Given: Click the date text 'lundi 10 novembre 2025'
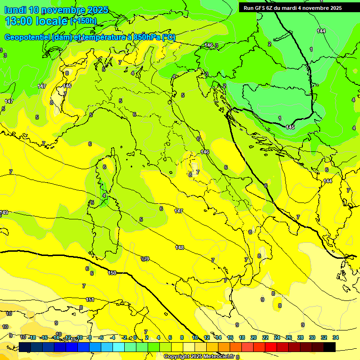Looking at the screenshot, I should [56, 10].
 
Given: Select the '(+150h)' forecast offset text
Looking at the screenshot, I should [83, 21].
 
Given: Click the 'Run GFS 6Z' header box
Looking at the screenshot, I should [290, 8].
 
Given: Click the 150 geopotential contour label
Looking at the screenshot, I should [112, 273].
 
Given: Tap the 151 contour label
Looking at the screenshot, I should [90, 300].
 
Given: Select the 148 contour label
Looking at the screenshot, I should [180, 247].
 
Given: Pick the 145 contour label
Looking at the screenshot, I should [290, 127].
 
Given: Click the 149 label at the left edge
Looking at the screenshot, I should [4, 212].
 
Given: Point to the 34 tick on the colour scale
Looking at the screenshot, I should [336, 337].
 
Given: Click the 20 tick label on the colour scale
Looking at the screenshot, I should [254, 337].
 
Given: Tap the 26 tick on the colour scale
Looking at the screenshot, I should [289, 337].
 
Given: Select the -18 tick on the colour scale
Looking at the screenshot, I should [32, 337].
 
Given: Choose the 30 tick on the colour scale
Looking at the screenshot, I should [312, 337].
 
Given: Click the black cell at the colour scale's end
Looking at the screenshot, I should [330, 347].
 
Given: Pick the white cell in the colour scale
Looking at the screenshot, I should [189, 347].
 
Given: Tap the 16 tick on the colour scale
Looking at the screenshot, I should [230, 337].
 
